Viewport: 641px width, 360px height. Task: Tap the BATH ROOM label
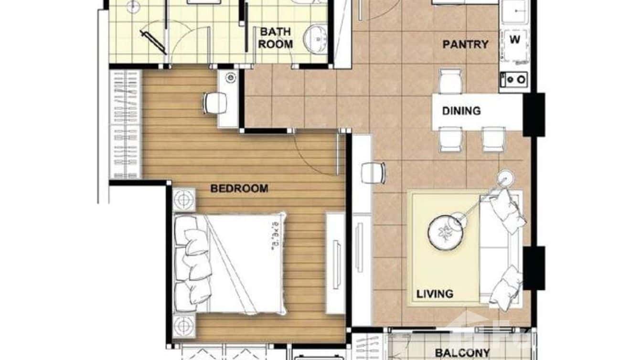tap(276, 38)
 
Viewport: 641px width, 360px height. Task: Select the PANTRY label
tap(465, 44)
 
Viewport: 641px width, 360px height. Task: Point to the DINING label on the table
tap(461, 111)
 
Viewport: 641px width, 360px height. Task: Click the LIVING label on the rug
tap(434, 293)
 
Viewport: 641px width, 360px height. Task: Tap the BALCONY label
tap(462, 353)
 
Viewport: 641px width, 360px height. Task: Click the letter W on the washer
tap(514, 40)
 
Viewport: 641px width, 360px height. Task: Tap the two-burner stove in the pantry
tap(514, 79)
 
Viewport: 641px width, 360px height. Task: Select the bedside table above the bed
tap(184, 199)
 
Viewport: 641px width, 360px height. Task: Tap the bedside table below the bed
tap(184, 326)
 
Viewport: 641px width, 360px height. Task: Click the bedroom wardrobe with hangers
tap(126, 124)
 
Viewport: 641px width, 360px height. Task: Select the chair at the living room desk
tap(373, 173)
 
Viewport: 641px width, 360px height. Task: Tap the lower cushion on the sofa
tap(506, 287)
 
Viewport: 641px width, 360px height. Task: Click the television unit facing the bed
tap(336, 263)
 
